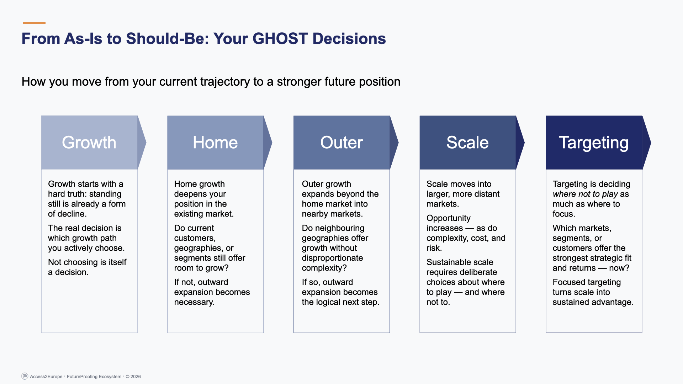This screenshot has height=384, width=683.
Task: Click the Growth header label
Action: click(x=89, y=143)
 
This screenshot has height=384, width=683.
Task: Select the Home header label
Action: click(x=215, y=143)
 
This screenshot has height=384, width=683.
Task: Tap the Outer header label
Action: click(x=341, y=143)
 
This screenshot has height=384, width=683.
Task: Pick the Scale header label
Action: click(x=467, y=143)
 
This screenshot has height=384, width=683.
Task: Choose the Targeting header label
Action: click(x=593, y=143)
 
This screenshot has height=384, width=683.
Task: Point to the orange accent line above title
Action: click(x=34, y=23)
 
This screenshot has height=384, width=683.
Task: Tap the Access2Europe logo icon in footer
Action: click(x=25, y=376)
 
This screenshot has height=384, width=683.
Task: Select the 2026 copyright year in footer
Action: click(x=136, y=377)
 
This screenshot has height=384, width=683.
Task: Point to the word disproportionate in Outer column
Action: click(x=332, y=258)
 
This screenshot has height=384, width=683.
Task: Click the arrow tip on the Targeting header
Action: click(x=648, y=143)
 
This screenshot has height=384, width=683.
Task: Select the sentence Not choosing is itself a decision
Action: click(x=87, y=267)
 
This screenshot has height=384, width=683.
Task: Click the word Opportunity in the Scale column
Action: click(x=448, y=218)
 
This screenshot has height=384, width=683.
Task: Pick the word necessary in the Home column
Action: click(x=194, y=302)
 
